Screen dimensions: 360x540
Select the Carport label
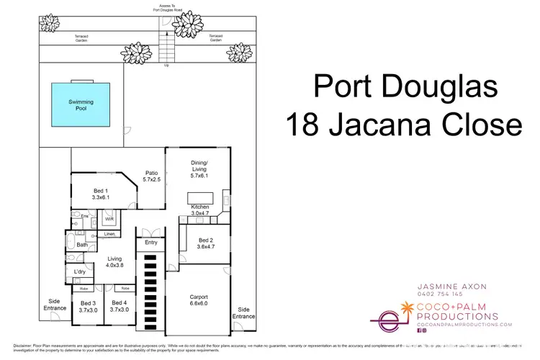pos(199,299)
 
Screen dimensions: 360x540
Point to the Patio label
pos(151,177)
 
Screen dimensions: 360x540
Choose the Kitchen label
pos(199,210)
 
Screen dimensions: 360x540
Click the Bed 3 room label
pos(88,306)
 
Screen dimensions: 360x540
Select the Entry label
pos(150,243)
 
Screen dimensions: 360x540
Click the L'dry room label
pos(81,271)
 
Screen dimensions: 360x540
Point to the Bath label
pos(82,246)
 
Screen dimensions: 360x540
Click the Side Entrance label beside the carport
pos(244,312)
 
